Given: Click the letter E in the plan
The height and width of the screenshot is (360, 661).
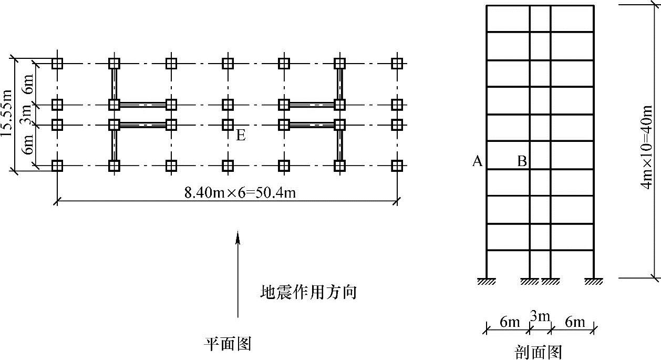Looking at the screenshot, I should click(241, 136).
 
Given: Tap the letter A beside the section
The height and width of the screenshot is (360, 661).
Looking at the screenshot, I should click(477, 161).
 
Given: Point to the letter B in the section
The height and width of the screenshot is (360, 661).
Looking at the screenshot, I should click(522, 161).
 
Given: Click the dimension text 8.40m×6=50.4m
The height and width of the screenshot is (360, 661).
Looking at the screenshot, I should click(240, 192).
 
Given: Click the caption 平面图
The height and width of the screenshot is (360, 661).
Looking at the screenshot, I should click(228, 344).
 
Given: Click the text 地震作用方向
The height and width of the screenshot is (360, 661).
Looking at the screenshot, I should click(308, 292).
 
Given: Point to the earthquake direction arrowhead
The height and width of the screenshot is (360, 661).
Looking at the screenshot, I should click(238, 238).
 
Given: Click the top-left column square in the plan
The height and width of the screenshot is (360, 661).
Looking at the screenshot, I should click(57, 64).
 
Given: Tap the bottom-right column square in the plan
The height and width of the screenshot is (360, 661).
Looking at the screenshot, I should click(397, 166).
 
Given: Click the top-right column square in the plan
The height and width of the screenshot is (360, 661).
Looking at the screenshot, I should click(397, 64).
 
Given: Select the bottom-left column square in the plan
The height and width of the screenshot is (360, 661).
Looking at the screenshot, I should click(57, 166).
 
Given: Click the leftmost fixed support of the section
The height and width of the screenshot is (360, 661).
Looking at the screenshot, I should click(486, 281).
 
